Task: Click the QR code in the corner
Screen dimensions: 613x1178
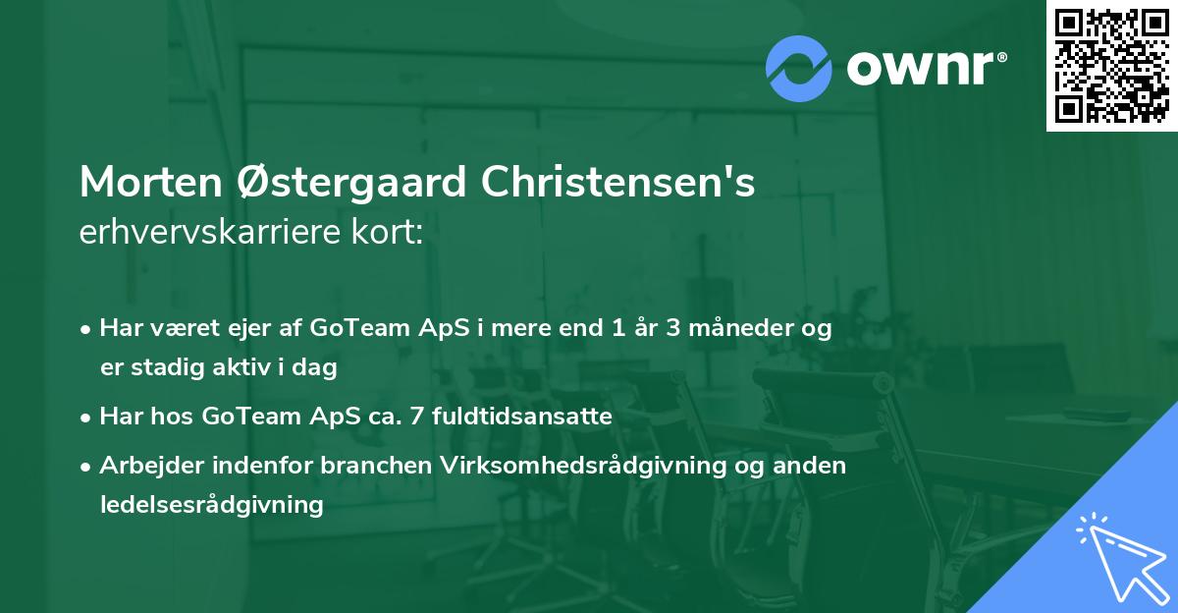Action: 1112,66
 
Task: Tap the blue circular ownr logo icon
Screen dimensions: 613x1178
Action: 799,68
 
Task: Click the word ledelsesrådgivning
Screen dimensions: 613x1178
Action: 211,505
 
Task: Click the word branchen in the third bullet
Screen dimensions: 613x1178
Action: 366,466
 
